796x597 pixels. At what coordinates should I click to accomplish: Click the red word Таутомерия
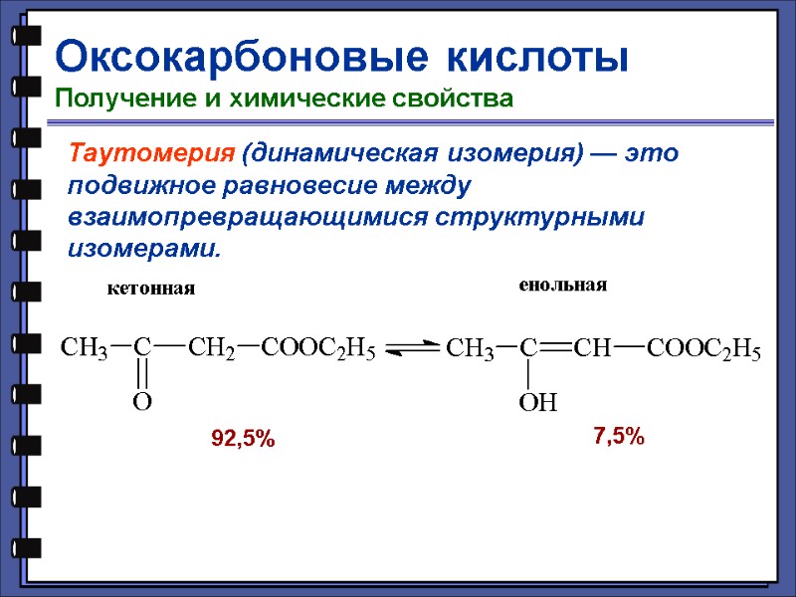(150, 154)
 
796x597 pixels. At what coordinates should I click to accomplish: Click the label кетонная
(150, 289)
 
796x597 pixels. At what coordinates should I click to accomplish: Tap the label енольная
(562, 285)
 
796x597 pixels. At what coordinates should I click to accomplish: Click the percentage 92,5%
(243, 438)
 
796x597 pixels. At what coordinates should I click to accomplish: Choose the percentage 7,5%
(619, 435)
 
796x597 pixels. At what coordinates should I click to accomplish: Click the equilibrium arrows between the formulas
(412, 347)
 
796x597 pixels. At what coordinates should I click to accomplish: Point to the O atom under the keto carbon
(142, 402)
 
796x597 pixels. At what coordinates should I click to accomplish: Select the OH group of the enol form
(537, 403)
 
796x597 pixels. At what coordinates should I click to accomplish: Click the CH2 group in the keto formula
(211, 348)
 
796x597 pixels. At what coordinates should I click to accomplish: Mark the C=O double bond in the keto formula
(142, 375)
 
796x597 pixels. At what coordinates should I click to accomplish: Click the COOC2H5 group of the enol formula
(703, 349)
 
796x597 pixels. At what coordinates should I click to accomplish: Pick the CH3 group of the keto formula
(85, 348)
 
